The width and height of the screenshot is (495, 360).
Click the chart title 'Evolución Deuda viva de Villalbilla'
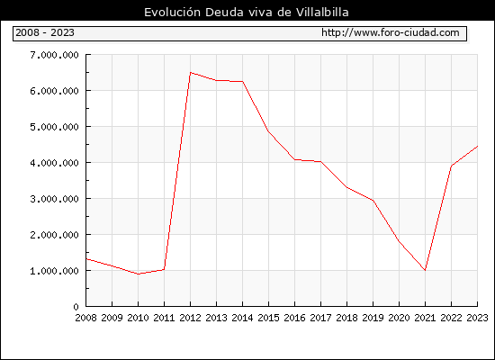tap(247, 13)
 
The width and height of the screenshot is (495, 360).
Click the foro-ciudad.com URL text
tap(391, 32)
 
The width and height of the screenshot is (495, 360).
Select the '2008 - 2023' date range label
tap(45, 32)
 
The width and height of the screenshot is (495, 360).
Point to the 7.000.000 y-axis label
tap(54, 55)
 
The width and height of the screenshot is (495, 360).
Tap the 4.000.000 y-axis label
tap(54, 163)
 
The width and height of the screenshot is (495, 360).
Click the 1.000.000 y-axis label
tap(54, 271)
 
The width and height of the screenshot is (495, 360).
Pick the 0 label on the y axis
tap(76, 307)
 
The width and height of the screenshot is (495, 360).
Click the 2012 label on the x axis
tap(190, 318)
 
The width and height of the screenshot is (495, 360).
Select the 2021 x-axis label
tap(425, 318)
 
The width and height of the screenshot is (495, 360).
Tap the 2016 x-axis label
tap(294, 318)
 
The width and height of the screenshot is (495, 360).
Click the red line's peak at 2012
tap(190, 73)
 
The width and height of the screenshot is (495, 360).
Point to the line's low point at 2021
tap(425, 270)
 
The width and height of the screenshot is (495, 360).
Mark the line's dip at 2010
tap(138, 274)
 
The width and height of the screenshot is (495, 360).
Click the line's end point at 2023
tap(477, 146)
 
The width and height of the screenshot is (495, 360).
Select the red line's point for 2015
tap(268, 130)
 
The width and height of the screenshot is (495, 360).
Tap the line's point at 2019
tap(373, 200)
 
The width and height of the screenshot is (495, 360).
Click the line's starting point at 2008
tap(86, 259)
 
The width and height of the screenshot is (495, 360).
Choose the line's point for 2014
tap(242, 82)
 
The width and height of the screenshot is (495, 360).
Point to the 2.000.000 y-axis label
tap(54, 235)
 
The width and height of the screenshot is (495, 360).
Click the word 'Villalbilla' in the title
tap(322, 13)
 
